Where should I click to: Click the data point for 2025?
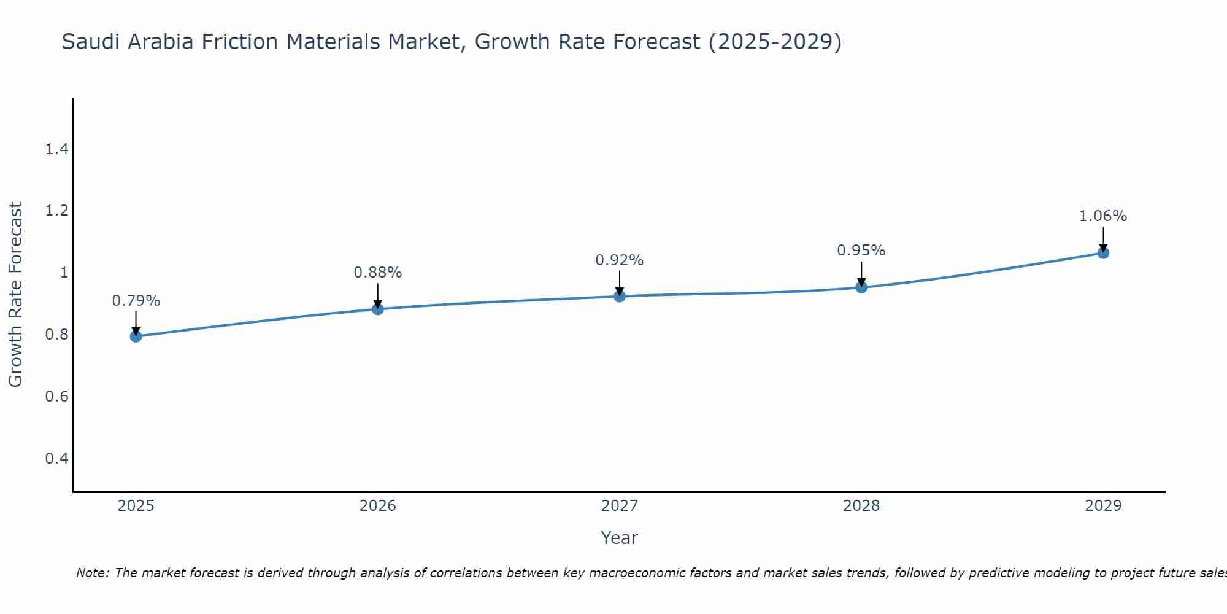click(136, 336)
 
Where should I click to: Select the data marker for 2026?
click(378, 309)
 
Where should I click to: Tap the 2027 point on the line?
click(620, 297)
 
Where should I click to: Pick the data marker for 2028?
click(861, 287)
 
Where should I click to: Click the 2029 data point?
click(1103, 253)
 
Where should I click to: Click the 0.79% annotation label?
click(136, 301)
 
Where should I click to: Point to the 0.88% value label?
click(378, 273)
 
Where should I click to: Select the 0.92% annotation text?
click(620, 260)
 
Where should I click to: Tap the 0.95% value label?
click(861, 251)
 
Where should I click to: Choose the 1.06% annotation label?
click(1103, 216)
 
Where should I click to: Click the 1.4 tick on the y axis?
click(56, 149)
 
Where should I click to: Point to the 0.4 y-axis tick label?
click(56, 458)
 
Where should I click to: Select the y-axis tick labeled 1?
click(64, 272)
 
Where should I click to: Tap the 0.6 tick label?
click(56, 396)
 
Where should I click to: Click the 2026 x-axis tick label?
click(378, 506)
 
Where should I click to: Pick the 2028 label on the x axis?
click(861, 506)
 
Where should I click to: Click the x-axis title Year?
click(620, 538)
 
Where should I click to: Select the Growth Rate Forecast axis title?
click(16, 295)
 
